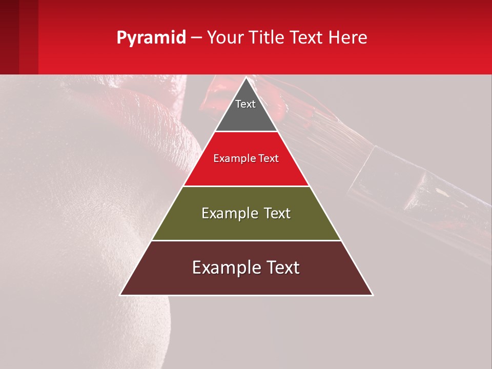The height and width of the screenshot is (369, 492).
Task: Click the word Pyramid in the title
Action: coord(151,38)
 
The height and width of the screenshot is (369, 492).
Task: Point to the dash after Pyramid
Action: coord(196,38)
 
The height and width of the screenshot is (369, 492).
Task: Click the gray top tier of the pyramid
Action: coord(245,115)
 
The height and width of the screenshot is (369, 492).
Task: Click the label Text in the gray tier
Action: coord(245,104)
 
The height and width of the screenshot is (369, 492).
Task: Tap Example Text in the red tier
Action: coord(246,158)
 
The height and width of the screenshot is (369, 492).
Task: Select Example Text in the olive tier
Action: coord(246,213)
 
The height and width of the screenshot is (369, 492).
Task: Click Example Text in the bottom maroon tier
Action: coord(246,268)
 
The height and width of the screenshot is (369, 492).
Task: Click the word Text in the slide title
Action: coord(307,38)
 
